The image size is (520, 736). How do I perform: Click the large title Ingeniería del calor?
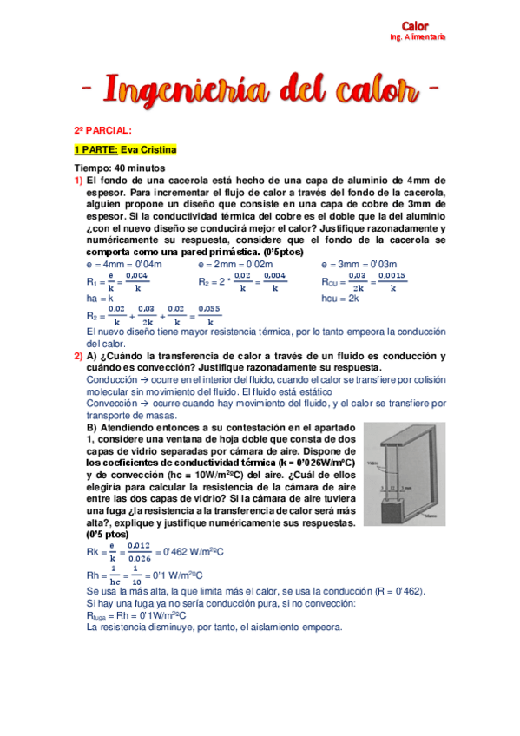pyautogui.click(x=257, y=89)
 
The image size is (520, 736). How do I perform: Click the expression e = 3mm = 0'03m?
pyautogui.click(x=359, y=264)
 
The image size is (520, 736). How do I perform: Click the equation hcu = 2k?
pyautogui.click(x=342, y=298)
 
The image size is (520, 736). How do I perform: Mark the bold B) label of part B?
pyautogui.click(x=91, y=428)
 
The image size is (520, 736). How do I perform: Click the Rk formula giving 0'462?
pyautogui.click(x=155, y=549)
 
